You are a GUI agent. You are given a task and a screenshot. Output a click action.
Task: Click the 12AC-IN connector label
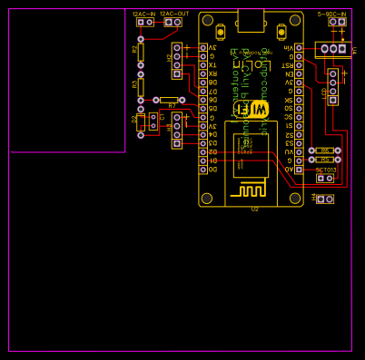tap(143, 15)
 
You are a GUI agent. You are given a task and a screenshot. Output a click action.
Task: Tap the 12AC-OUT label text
tap(176, 15)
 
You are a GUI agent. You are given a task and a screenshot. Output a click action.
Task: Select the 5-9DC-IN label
tap(332, 15)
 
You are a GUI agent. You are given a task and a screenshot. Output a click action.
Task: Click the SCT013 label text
tap(325, 170)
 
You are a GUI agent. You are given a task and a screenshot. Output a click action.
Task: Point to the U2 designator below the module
tap(255, 209)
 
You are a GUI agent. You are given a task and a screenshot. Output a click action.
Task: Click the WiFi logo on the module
tap(252, 109)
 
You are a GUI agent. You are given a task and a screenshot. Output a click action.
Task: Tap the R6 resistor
tap(324, 151)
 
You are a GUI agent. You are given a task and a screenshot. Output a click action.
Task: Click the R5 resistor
tap(324, 159)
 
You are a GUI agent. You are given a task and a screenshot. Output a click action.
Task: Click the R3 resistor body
tap(141, 87)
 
